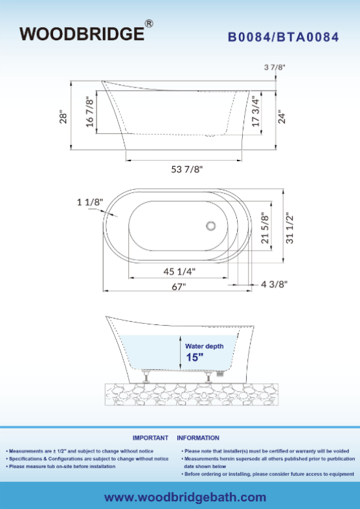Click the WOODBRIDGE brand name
tap(82, 34)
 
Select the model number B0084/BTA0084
tap(284, 37)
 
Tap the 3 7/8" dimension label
tap(275, 67)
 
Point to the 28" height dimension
tap(63, 118)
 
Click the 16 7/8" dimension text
tap(90, 112)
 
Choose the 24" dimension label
tap(282, 118)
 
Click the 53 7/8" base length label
tap(187, 170)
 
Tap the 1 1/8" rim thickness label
tap(90, 202)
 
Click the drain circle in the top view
tap(211, 225)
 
